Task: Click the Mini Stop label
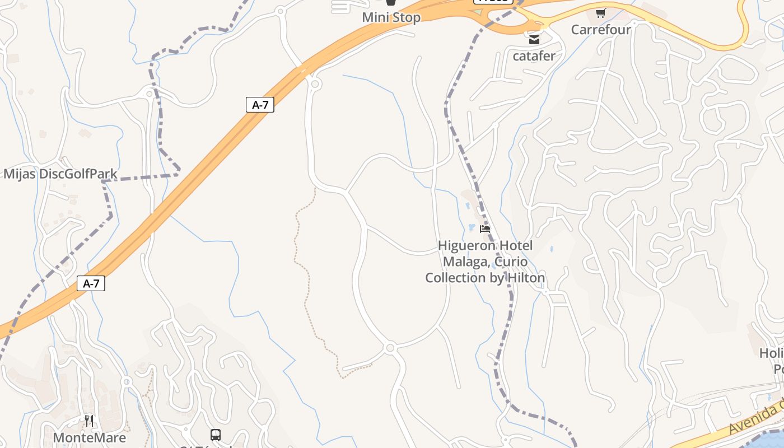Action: [391, 17]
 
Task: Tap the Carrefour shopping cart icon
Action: [601, 13]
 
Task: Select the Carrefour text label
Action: [601, 29]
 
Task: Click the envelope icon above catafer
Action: [534, 40]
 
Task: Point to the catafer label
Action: [534, 55]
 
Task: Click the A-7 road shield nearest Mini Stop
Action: [260, 105]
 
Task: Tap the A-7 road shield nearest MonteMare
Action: [91, 283]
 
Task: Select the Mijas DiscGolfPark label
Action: [60, 174]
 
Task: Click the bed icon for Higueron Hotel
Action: [485, 229]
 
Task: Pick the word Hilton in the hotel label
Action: [526, 278]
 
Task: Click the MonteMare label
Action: [90, 437]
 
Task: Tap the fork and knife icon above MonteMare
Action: [90, 421]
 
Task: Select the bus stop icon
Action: [216, 435]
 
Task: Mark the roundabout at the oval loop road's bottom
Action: [390, 348]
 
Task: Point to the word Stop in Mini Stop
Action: [406, 17]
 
